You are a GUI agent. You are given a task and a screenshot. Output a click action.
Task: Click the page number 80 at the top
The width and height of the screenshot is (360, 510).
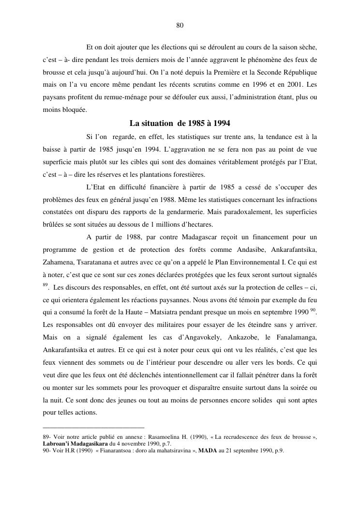(x=180, y=26)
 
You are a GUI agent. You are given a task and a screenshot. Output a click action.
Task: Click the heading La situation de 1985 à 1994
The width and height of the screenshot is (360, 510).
(x=180, y=123)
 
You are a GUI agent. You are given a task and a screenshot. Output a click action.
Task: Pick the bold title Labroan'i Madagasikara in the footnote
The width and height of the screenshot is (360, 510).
(x=75, y=444)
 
